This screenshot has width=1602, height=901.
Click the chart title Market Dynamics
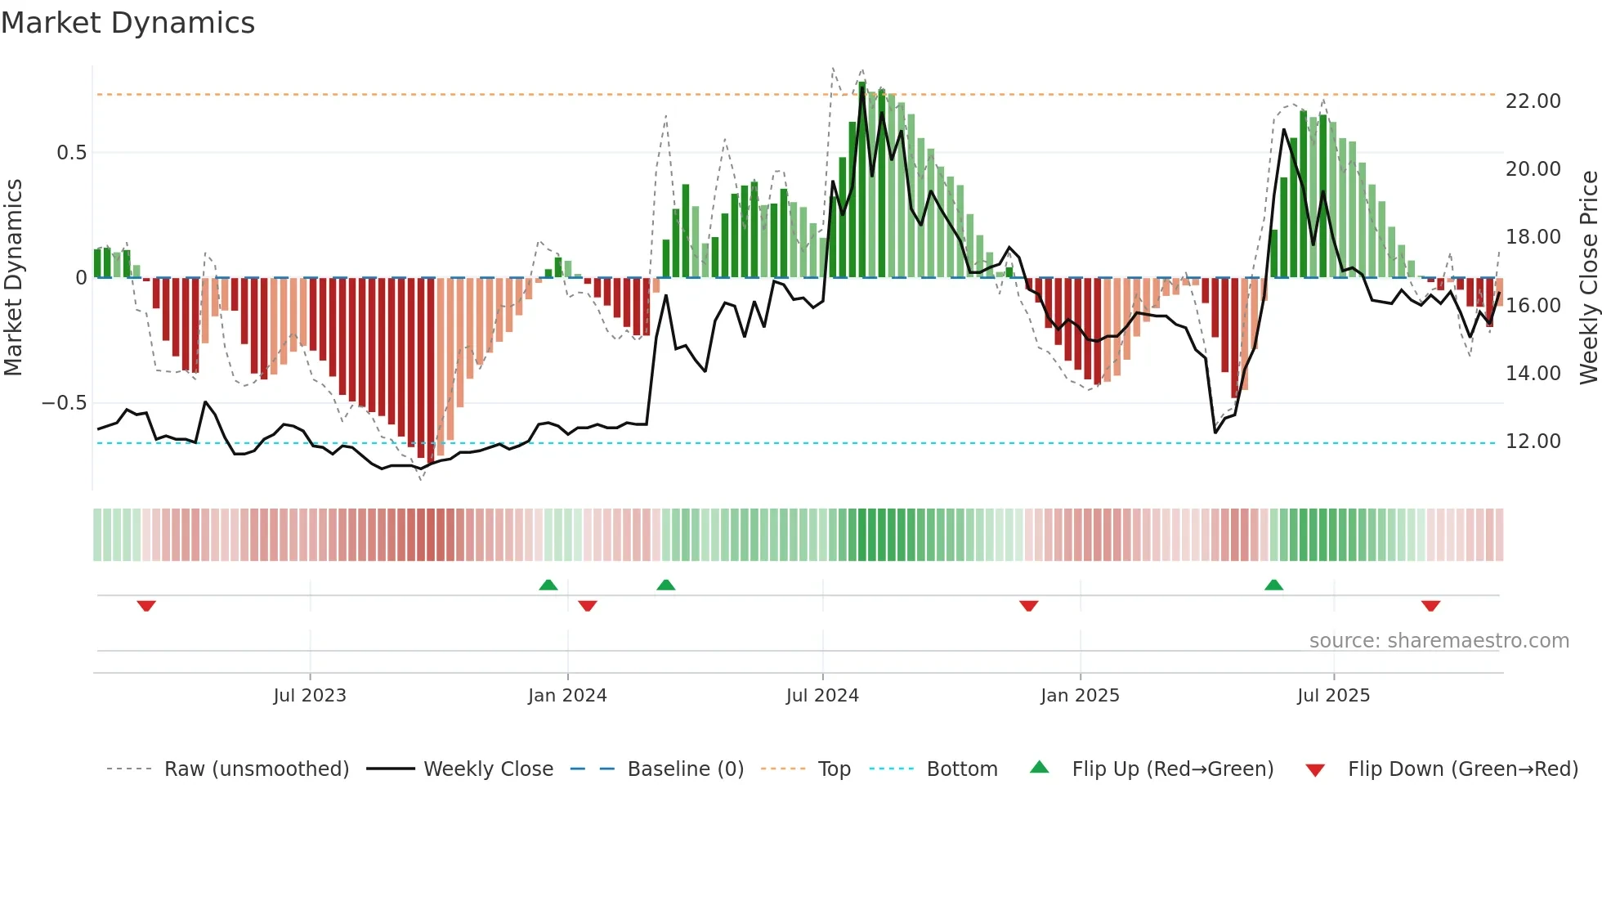(x=128, y=23)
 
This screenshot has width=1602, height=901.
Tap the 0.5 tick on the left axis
(x=71, y=153)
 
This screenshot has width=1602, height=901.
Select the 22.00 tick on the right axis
(x=1533, y=101)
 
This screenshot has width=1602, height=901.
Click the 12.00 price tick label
(x=1533, y=442)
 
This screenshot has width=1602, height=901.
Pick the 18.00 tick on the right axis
(x=1533, y=237)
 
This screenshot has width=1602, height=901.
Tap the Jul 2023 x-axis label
(x=310, y=696)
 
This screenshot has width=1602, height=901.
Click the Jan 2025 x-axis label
(x=1080, y=696)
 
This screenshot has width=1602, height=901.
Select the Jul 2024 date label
(x=822, y=696)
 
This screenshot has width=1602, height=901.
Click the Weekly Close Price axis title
(x=1588, y=278)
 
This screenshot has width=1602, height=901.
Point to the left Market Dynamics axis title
(x=13, y=278)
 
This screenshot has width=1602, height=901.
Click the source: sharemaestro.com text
(x=1439, y=641)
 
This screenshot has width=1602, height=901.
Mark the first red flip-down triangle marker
(x=146, y=606)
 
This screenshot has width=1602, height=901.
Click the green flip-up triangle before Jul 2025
(x=1273, y=585)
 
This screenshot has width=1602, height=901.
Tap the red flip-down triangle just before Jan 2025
(x=1028, y=606)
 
